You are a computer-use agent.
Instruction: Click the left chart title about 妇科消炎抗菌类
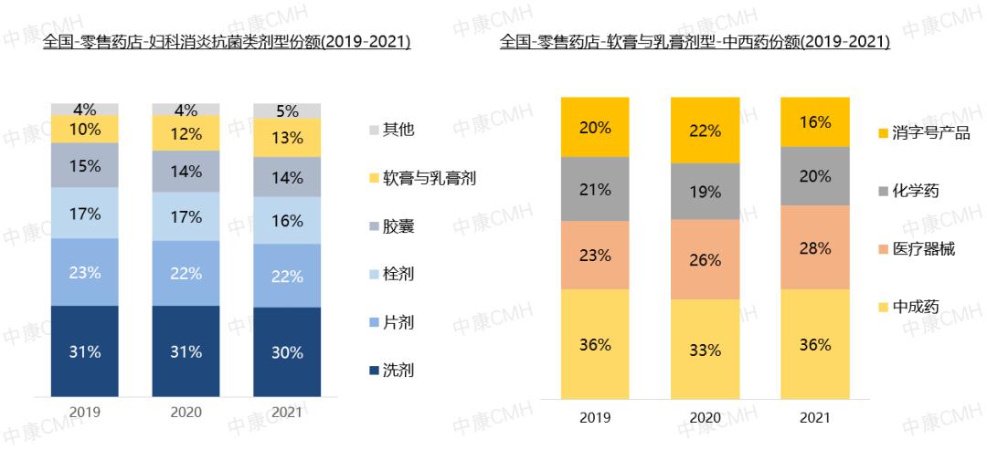227,42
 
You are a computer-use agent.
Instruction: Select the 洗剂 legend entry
393,370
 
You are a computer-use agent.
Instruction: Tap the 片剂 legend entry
393,321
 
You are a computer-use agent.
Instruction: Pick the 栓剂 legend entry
393,273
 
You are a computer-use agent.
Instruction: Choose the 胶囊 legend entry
393,225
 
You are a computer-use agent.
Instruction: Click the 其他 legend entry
393,129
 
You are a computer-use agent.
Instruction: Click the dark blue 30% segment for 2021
287,352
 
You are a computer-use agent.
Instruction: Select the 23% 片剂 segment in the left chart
85,271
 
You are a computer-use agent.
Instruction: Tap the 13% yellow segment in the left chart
287,138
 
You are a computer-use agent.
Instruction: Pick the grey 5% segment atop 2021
287,111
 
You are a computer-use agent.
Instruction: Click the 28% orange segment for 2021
814,247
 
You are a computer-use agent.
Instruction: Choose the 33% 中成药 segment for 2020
705,349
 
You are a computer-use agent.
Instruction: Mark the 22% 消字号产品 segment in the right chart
705,131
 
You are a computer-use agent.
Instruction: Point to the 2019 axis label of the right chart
596,418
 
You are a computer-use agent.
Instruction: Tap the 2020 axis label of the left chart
186,412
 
